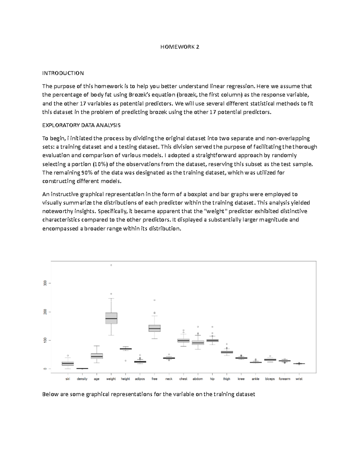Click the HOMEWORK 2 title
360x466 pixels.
click(180, 47)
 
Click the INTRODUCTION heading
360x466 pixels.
click(63, 73)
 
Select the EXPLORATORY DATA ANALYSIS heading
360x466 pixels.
click(81, 125)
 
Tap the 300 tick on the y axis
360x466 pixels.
click(45, 283)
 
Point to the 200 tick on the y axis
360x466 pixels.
click(45, 312)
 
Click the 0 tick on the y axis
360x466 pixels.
click(45, 369)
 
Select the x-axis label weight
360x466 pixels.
click(111, 379)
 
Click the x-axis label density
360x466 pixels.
click(82, 379)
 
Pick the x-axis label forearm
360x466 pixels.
click(284, 379)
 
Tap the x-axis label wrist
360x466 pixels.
click(299, 379)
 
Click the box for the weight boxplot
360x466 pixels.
click(111, 318)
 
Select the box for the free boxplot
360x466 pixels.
click(154, 328)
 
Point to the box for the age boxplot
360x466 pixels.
click(97, 356)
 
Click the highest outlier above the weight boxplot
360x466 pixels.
click(111, 265)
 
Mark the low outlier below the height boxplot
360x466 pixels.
click(126, 360)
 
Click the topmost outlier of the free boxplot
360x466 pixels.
click(154, 300)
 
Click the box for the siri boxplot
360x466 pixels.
click(68, 364)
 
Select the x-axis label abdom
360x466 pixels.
click(198, 379)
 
